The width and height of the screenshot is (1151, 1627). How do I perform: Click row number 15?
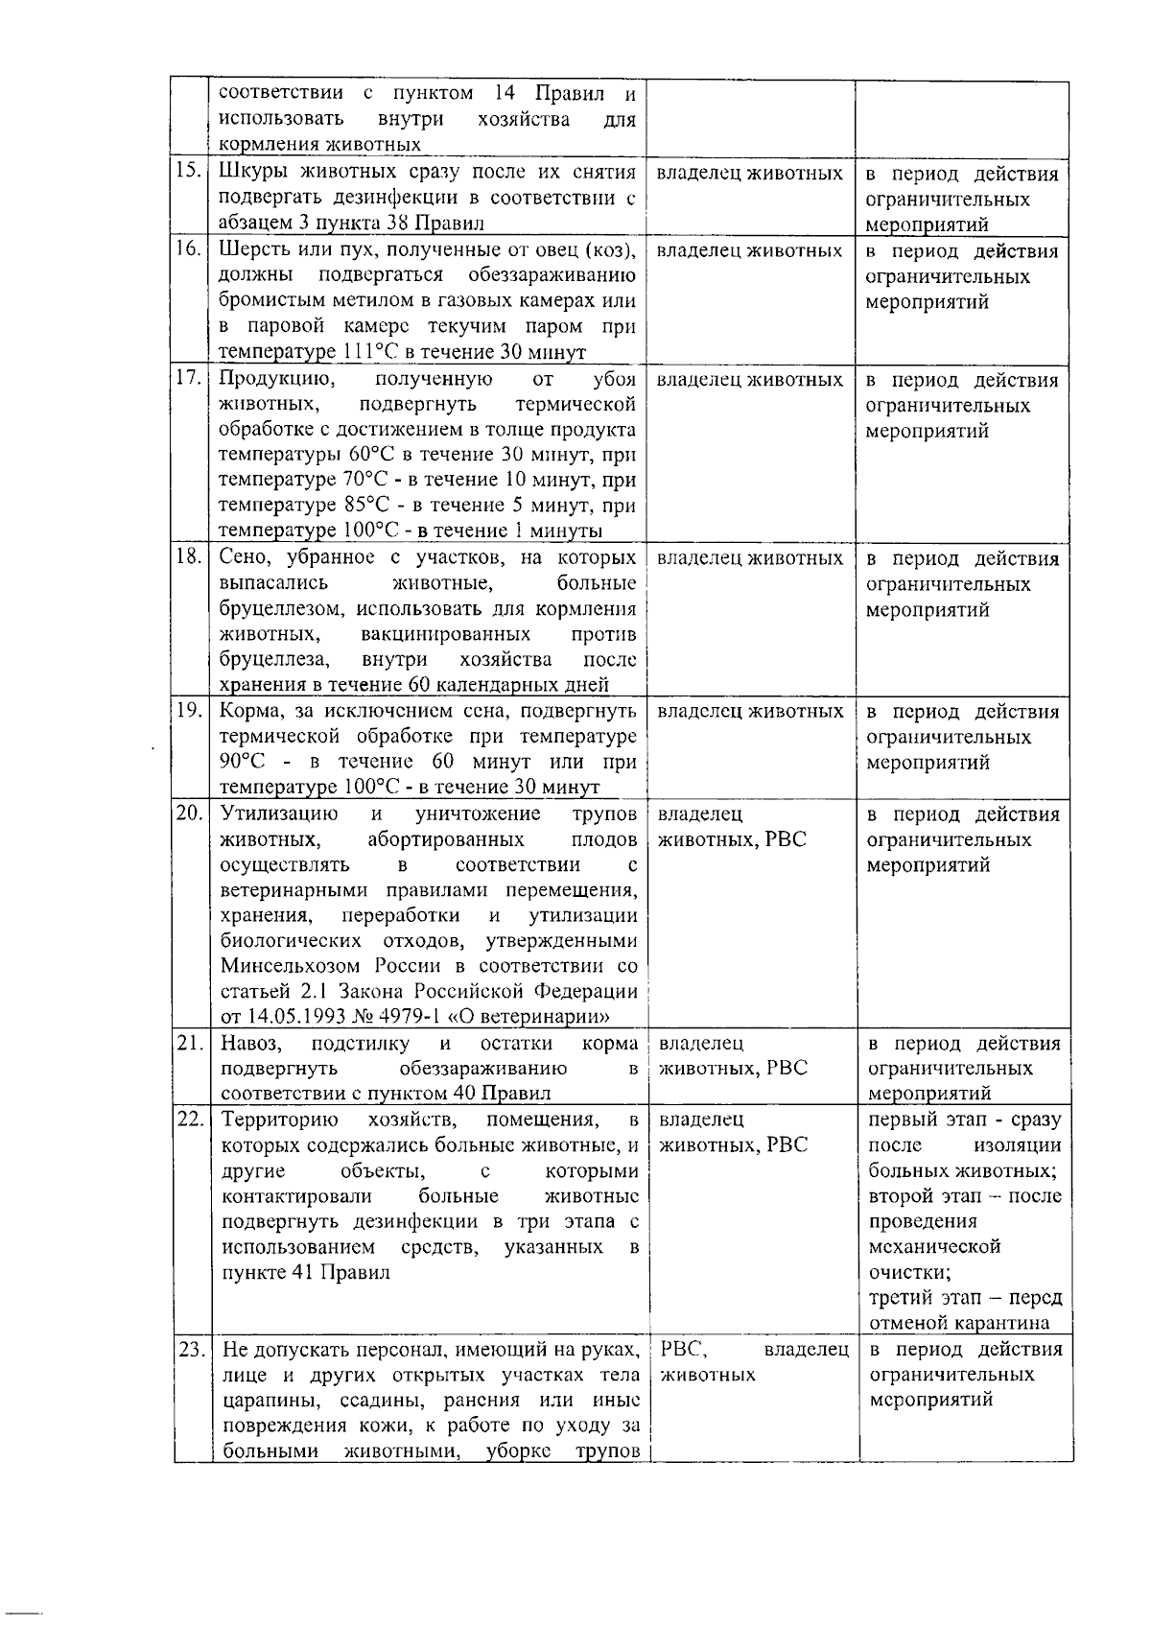point(188,173)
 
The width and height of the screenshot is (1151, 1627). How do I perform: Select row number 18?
point(188,557)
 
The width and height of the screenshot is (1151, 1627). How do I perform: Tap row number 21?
point(188,1043)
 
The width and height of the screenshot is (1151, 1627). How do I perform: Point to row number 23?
point(188,1350)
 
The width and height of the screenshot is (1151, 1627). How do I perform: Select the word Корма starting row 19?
point(252,712)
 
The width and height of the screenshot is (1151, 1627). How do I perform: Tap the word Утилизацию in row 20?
point(279,814)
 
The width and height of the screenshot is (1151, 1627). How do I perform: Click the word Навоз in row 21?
point(251,1044)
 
